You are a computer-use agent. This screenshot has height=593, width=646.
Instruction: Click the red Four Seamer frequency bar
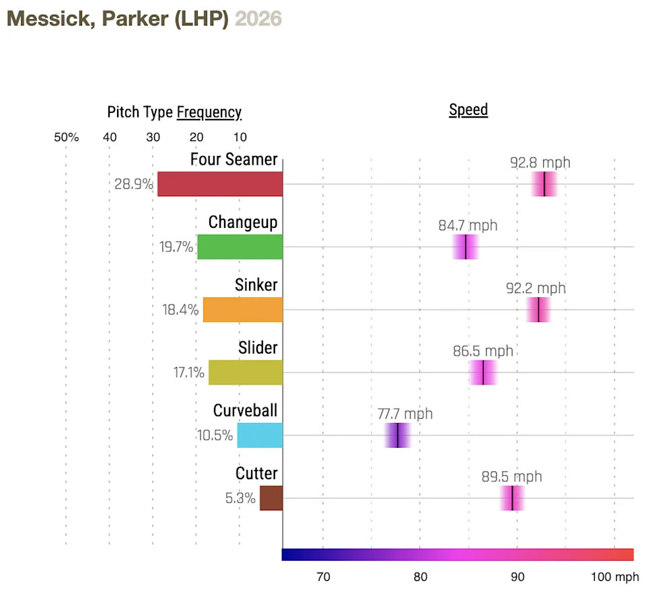(x=220, y=184)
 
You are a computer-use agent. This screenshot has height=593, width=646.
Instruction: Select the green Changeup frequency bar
(x=240, y=247)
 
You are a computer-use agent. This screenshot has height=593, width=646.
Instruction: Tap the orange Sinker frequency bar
(x=243, y=309)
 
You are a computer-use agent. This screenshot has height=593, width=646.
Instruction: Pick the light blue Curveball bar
(x=260, y=435)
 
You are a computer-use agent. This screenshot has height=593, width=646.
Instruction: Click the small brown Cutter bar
(x=271, y=498)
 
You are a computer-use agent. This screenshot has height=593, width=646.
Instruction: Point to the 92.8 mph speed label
(x=540, y=163)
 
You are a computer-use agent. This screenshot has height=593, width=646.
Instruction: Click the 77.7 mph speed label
(x=405, y=414)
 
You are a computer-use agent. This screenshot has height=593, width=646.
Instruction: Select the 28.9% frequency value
(x=134, y=184)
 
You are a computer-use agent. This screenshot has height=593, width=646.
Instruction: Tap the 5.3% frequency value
(x=240, y=498)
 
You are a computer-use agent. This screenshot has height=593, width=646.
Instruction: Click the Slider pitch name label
(x=258, y=348)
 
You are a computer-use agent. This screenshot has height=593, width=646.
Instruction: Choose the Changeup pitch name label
(x=243, y=222)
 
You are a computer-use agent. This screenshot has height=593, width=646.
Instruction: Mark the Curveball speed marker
(x=398, y=435)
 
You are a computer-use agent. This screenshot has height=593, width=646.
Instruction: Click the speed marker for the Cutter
(x=513, y=498)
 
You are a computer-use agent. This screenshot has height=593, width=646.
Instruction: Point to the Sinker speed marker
(x=538, y=309)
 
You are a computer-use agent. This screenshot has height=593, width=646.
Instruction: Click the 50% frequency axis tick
(x=66, y=137)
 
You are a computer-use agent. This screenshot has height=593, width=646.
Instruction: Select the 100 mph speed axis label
(x=615, y=576)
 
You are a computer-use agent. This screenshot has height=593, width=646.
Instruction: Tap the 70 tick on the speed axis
(x=323, y=576)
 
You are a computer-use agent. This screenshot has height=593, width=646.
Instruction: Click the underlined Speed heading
(x=468, y=110)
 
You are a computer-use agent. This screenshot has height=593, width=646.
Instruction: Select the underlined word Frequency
(x=209, y=112)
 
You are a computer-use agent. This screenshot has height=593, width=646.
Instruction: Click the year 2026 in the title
(x=258, y=18)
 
